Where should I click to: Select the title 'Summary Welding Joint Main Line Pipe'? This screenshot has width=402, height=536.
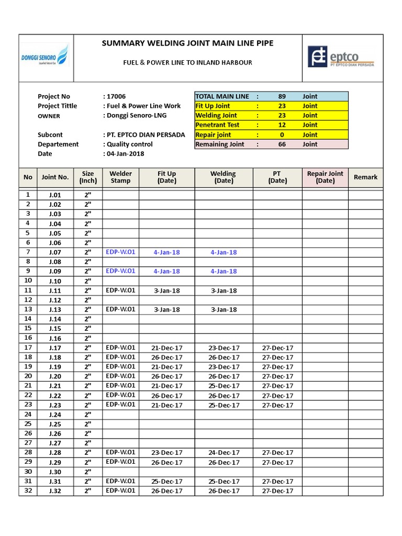[187, 43]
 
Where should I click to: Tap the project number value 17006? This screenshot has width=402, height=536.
[116, 96]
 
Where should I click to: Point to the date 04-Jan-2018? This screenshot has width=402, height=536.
[125, 153]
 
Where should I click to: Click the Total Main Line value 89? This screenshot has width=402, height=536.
[282, 96]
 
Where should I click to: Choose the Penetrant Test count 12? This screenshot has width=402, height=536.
[282, 125]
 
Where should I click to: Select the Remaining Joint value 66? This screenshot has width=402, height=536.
[282, 144]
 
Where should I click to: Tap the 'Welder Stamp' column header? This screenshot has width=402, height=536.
[120, 177]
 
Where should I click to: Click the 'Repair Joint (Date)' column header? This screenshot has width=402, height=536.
[325, 177]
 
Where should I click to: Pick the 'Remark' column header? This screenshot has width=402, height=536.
[365, 177]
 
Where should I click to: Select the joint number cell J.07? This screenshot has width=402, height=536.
[55, 252]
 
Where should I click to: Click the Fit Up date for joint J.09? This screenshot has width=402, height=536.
[166, 271]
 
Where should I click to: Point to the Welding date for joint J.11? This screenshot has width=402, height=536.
[224, 291]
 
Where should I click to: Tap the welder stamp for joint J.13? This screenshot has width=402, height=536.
[120, 309]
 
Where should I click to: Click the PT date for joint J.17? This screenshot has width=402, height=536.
[277, 348]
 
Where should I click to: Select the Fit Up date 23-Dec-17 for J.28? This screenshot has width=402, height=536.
[166, 452]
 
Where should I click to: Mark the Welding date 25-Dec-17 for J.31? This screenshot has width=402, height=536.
[224, 481]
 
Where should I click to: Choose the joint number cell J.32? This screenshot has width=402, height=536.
[55, 490]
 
